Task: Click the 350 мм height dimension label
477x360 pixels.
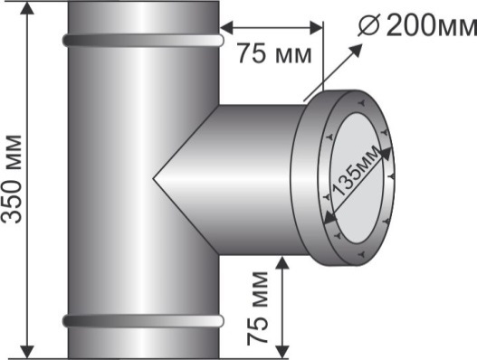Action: click(12, 179)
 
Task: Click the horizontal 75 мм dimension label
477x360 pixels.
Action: click(274, 53)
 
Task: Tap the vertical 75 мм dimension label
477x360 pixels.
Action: click(257, 308)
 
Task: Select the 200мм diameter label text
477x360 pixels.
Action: click(432, 25)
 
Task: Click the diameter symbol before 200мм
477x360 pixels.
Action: click(368, 25)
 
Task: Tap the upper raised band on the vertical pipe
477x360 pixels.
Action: click(143, 40)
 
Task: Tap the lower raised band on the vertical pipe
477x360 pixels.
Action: click(143, 321)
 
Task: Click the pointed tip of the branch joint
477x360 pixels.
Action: click(153, 179)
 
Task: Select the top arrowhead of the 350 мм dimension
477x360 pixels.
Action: click(28, 8)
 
